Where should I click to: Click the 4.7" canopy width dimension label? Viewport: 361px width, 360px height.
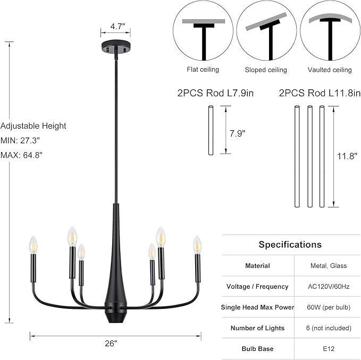(x=117, y=27)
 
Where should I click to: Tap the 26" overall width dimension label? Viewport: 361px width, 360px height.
(x=111, y=344)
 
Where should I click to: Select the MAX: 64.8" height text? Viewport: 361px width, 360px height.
(x=21, y=155)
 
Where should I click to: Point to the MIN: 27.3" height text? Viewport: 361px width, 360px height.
(x=20, y=140)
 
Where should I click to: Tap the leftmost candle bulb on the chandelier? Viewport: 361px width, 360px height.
(x=33, y=245)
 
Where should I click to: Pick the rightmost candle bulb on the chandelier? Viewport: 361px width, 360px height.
(x=197, y=245)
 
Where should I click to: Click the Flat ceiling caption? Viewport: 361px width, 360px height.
(x=203, y=69)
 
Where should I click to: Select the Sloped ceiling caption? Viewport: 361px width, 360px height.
(x=266, y=70)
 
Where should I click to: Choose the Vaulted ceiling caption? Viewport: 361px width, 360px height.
(x=330, y=70)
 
